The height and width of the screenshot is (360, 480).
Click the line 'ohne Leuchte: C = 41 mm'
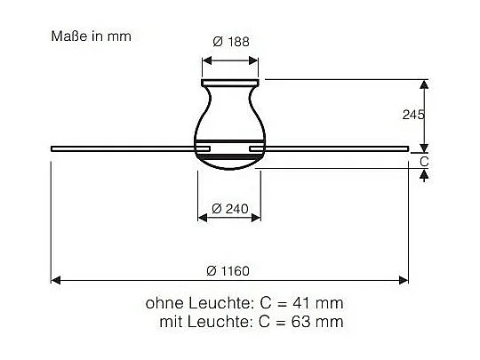point(244,303)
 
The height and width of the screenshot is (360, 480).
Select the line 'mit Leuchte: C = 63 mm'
point(250,321)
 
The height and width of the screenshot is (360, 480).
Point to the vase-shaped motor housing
point(231,116)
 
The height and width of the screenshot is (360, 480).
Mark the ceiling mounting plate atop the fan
point(231,83)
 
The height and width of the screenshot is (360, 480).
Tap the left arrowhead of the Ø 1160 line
point(55,280)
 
